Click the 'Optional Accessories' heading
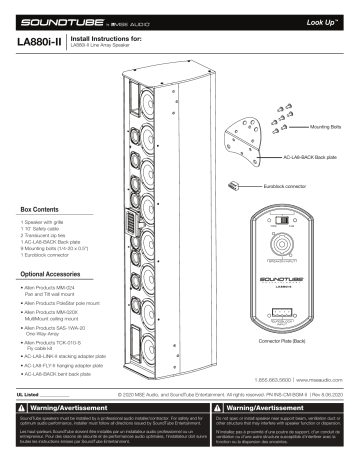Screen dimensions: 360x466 click(49, 273)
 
